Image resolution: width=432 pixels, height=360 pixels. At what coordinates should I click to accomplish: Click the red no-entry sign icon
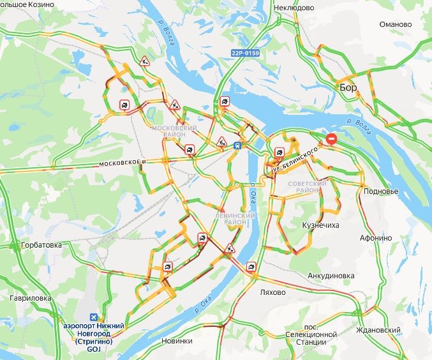click(x=331, y=139)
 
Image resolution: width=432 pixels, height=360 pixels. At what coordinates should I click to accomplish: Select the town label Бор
click(x=348, y=87)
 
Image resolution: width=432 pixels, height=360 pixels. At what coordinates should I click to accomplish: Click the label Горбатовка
click(x=41, y=244)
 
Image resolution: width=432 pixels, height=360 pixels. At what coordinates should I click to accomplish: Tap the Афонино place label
click(x=376, y=237)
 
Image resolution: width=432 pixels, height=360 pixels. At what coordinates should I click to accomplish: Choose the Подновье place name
click(x=381, y=191)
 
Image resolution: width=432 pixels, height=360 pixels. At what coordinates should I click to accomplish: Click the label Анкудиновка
click(x=331, y=276)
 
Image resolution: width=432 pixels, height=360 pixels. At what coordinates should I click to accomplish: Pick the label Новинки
click(x=177, y=341)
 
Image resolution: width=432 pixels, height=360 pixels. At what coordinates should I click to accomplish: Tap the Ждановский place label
click(x=379, y=330)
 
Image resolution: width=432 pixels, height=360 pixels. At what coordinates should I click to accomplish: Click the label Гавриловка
click(x=30, y=298)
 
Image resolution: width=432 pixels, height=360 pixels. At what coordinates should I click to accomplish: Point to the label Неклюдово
click(x=294, y=8)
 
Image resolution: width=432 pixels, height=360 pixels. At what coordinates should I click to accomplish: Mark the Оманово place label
click(x=395, y=24)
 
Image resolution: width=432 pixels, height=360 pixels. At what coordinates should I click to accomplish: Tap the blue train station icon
click(x=237, y=145)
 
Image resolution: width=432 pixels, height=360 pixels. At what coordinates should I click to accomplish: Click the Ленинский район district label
click(x=235, y=218)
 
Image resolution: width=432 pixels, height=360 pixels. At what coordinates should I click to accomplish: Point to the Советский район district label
click(x=308, y=187)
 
